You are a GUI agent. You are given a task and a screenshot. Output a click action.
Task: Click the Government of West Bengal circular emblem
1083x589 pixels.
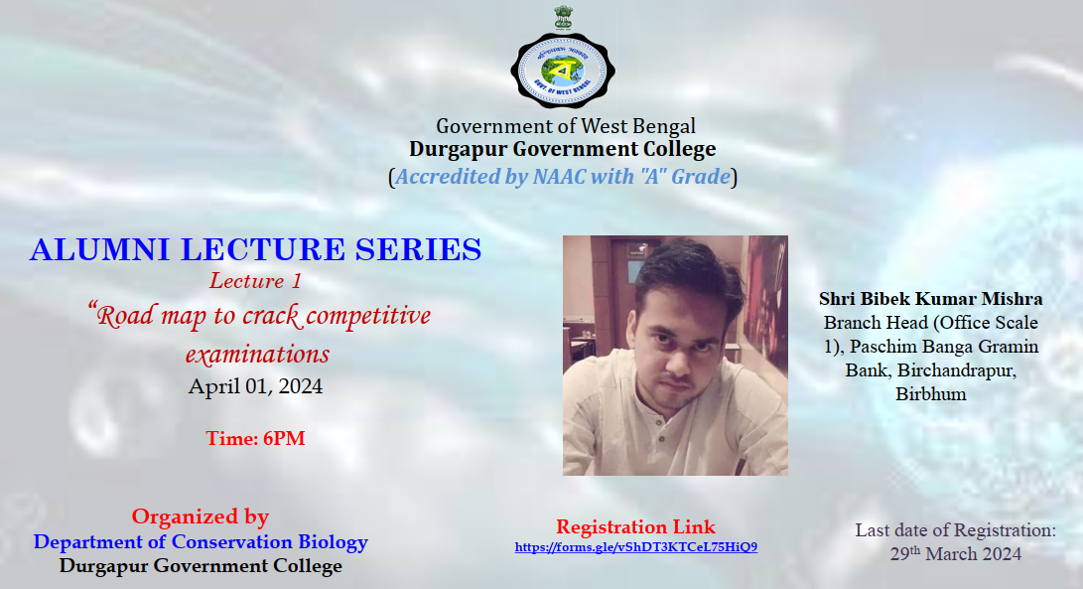(563, 71)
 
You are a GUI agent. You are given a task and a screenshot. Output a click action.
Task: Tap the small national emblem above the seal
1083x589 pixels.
(564, 18)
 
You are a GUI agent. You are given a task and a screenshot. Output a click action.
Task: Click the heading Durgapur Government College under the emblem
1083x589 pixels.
(562, 149)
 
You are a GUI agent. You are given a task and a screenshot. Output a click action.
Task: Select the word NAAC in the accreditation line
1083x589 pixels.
(559, 176)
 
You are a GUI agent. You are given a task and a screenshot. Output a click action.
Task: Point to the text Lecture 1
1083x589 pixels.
(255, 281)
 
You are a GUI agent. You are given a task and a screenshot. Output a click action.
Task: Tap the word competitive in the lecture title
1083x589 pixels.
(368, 316)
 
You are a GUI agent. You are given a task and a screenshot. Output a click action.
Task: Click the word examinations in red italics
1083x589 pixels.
(257, 354)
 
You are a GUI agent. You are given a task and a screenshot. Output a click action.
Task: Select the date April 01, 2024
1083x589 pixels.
(255, 385)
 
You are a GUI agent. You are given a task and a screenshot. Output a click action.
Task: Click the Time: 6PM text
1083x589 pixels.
(255, 438)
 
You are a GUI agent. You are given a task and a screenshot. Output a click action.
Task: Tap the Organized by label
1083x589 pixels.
(201, 517)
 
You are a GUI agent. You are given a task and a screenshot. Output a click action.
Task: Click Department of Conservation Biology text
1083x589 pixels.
(201, 542)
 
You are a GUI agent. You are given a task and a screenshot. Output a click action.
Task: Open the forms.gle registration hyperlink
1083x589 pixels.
(636, 547)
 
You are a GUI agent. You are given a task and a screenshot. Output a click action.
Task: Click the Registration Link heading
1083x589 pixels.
(635, 526)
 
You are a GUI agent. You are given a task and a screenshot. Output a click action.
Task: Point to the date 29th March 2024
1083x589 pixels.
(955, 554)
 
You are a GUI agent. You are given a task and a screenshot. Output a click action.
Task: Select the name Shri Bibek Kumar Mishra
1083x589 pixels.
(931, 299)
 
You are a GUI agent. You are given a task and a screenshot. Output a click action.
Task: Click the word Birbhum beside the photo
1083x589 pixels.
(931, 394)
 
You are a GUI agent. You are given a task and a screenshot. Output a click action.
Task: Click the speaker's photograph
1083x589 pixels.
(675, 356)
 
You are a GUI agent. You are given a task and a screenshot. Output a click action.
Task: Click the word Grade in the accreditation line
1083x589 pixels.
(701, 176)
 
